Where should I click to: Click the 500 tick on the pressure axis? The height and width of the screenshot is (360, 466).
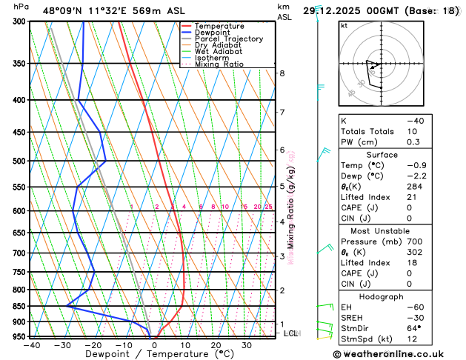coord(19,161)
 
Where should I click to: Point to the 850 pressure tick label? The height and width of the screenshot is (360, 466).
coord(19,306)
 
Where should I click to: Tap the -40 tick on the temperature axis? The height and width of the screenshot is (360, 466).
coord(32,344)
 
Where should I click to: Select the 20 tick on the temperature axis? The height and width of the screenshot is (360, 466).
coord(216,344)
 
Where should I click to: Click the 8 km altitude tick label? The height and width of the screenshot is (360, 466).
coord(282,73)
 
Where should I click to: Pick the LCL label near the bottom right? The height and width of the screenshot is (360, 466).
coord(290,333)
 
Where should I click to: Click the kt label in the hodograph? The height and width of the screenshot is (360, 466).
coord(344,25)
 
